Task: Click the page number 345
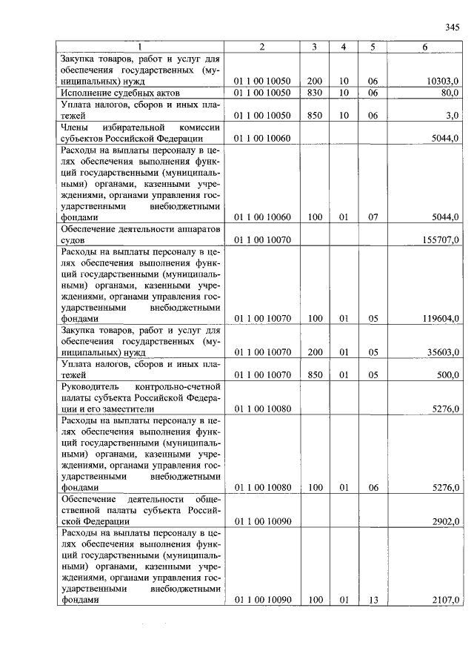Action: [x=453, y=27]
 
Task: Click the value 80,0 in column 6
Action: [x=450, y=93]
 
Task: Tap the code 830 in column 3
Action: [x=314, y=93]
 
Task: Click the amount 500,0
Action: [x=447, y=376]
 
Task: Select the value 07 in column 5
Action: [x=373, y=218]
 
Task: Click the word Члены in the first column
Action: [x=76, y=128]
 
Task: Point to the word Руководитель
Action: [x=90, y=387]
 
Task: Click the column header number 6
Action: [x=425, y=47]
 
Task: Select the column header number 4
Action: [x=344, y=47]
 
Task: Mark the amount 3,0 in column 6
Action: [x=452, y=116]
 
